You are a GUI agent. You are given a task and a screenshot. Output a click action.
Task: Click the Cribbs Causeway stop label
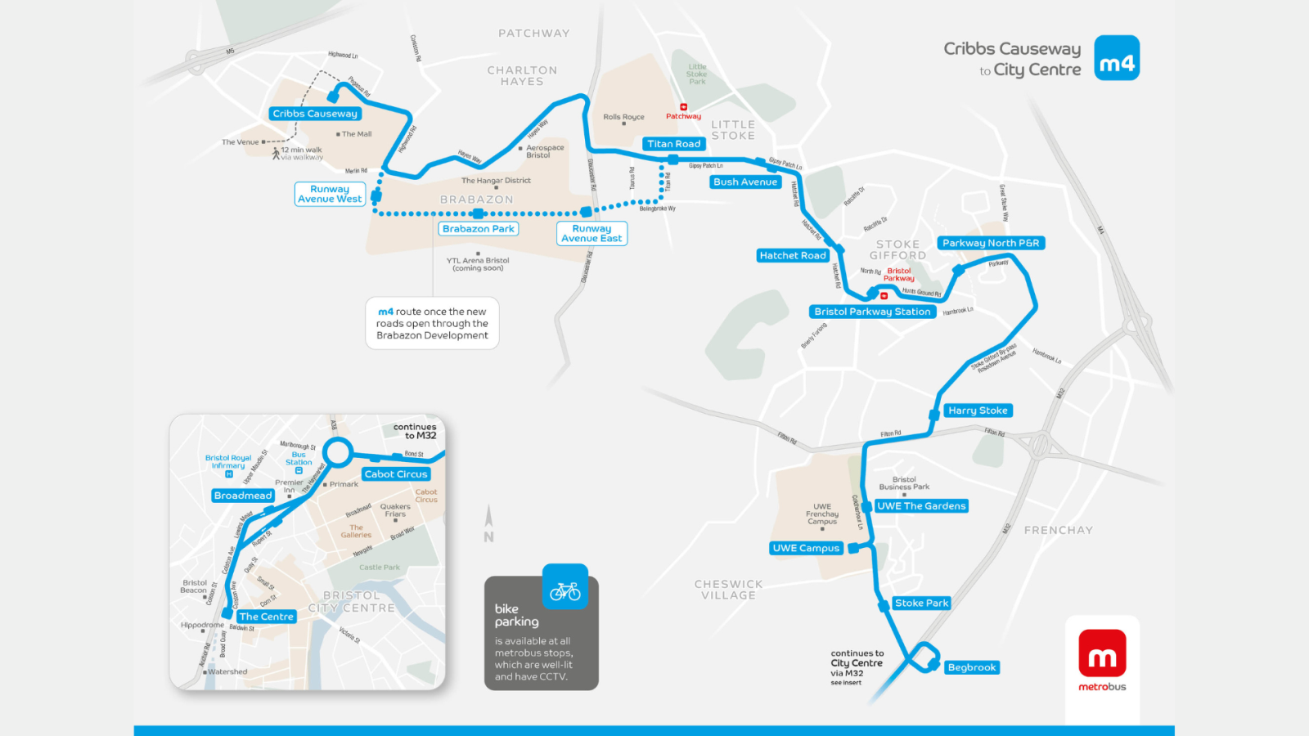[x=315, y=114]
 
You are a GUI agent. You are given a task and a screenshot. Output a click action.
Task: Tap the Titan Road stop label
[x=673, y=144]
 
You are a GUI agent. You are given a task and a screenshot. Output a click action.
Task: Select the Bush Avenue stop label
[x=745, y=182]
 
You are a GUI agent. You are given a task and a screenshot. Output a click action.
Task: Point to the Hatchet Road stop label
[x=792, y=255]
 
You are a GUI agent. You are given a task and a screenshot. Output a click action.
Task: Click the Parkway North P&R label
[x=991, y=243]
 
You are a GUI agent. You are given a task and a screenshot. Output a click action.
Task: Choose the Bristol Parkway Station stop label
[x=872, y=312]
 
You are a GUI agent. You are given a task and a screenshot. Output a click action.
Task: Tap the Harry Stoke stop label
[x=978, y=411]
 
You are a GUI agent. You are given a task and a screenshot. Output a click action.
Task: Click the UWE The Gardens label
[x=921, y=506]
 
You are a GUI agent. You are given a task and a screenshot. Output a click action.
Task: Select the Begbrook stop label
[x=972, y=667]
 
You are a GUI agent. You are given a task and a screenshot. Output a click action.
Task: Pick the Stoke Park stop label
[x=921, y=603]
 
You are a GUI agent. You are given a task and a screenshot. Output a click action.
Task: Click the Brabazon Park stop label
[x=479, y=229]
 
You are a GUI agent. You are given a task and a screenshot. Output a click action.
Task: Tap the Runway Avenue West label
[x=330, y=194]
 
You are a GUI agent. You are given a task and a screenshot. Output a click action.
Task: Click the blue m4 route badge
[x=1117, y=58]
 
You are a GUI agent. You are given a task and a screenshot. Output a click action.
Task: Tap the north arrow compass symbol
[x=488, y=523]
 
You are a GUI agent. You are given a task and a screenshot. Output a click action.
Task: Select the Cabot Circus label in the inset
[x=396, y=474]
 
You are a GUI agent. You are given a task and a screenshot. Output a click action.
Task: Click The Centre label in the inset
[x=266, y=617]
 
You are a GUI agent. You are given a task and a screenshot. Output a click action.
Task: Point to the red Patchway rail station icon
[x=683, y=107]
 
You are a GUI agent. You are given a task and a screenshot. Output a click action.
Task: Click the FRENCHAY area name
[x=1058, y=530]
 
